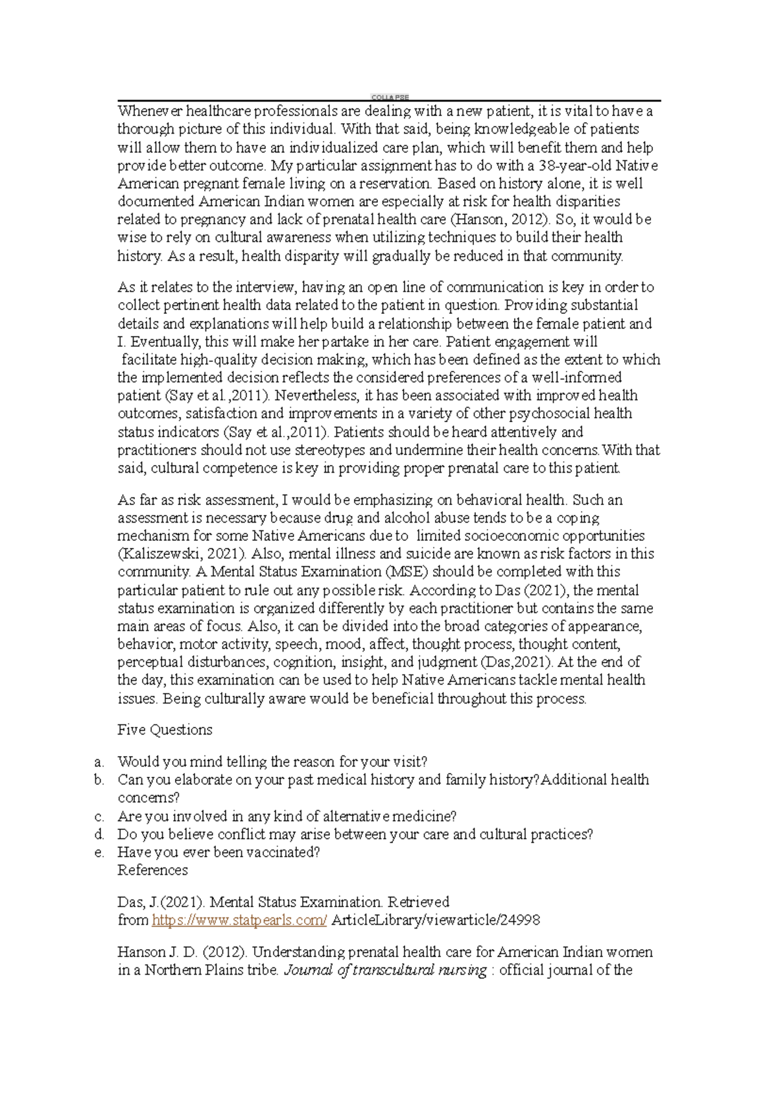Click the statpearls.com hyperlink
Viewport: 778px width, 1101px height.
pyautogui.click(x=239, y=920)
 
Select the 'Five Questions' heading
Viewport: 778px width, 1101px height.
pyautogui.click(x=165, y=730)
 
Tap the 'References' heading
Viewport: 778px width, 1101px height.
pyautogui.click(x=152, y=870)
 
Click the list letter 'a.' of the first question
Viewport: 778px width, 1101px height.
pyautogui.click(x=99, y=762)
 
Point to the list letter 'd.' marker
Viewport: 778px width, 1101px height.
pyautogui.click(x=99, y=835)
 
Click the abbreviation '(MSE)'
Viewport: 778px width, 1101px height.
pyautogui.click(x=407, y=572)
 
